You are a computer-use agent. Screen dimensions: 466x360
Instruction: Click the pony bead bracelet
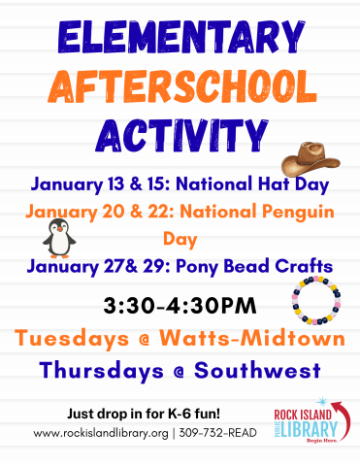pyautogui.click(x=312, y=302)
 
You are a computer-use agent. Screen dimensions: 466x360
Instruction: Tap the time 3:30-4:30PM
pyautogui.click(x=180, y=306)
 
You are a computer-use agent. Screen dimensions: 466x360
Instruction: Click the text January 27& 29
pyautogui.click(x=92, y=266)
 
